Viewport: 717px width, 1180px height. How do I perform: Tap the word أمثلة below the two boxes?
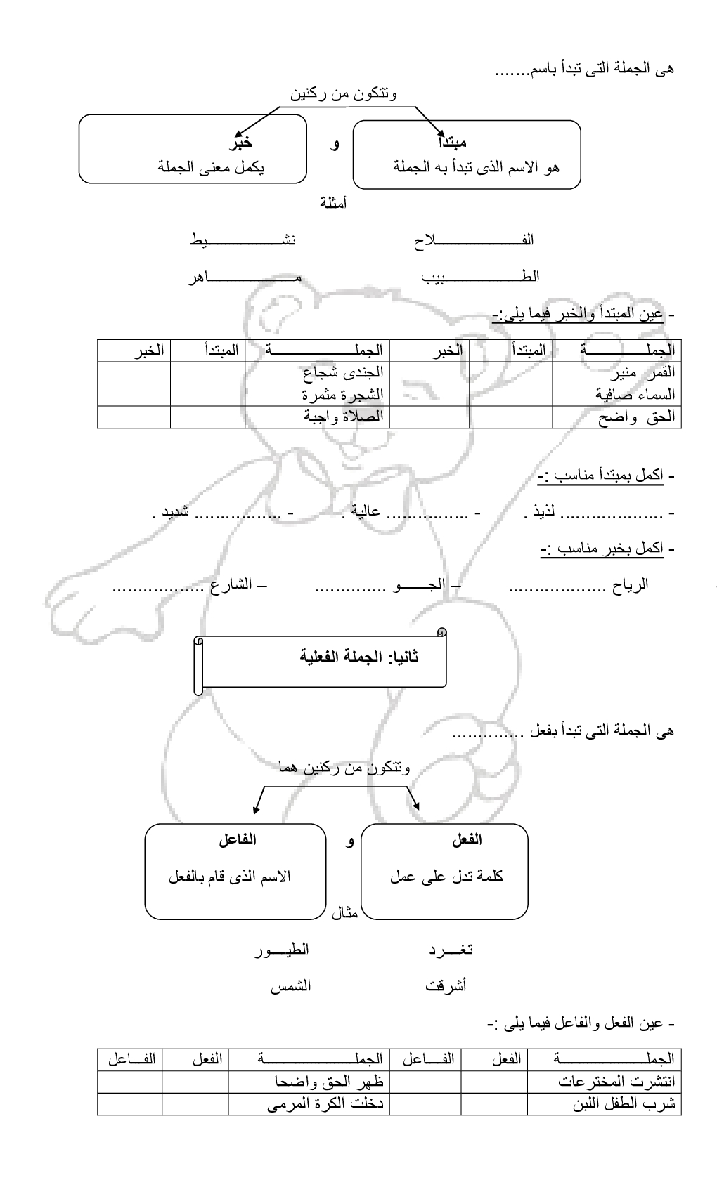tap(333, 204)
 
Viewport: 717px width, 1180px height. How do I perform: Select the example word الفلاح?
tap(474, 240)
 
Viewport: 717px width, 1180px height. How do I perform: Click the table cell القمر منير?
tap(645, 372)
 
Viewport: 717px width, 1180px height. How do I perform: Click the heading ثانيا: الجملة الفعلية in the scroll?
tap(359, 657)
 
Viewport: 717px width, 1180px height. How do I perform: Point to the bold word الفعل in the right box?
tap(467, 840)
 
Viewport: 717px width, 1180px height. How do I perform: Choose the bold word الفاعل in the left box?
tap(238, 840)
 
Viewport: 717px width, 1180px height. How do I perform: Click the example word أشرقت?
tap(446, 986)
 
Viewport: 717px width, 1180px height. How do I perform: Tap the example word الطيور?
tap(281, 950)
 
